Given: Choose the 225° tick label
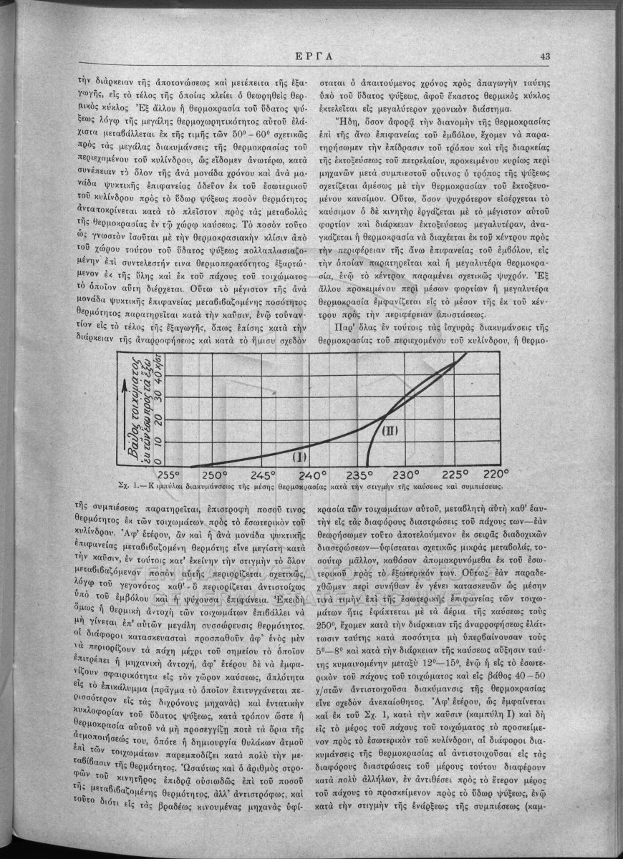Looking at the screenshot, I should click(x=455, y=475).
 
